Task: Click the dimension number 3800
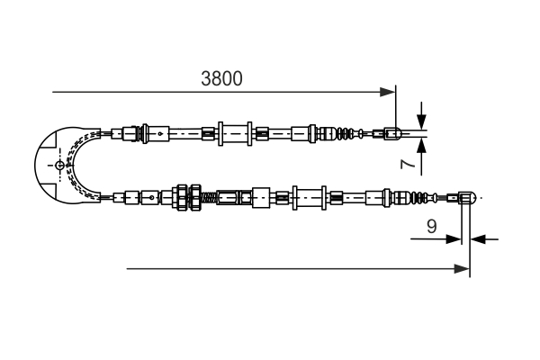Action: (221, 78)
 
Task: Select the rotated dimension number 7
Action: (406, 164)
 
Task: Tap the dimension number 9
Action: (432, 227)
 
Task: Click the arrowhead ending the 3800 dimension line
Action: (389, 92)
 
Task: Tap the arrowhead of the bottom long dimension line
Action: (463, 268)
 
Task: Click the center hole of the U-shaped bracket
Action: (60, 166)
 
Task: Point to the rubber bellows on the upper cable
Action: (347, 135)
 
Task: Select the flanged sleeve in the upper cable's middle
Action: (232, 135)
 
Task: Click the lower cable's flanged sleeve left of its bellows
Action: (309, 197)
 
